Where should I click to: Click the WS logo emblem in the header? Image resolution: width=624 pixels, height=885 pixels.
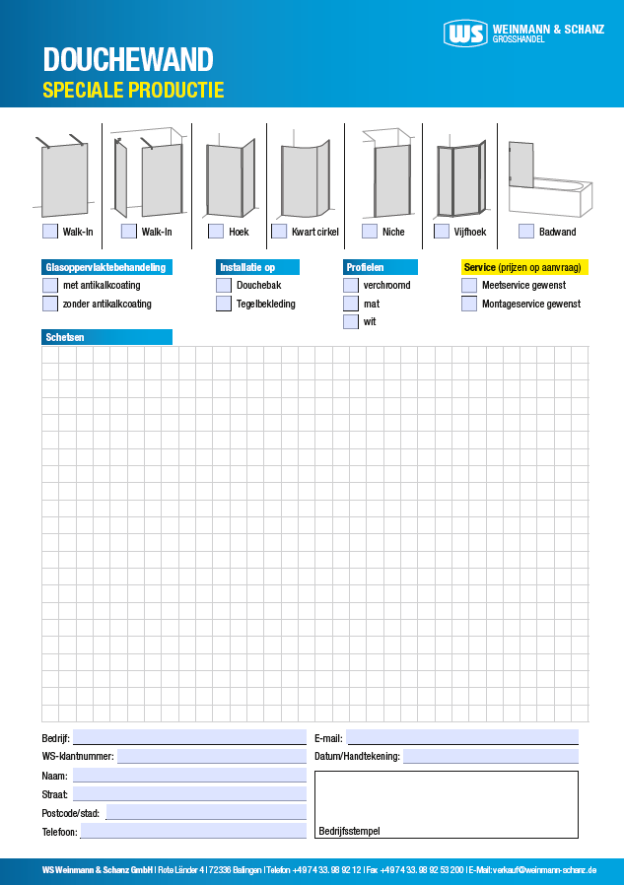464,34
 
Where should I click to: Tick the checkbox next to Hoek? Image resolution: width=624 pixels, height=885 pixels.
216,232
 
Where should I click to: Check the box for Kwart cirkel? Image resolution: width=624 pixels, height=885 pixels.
279,232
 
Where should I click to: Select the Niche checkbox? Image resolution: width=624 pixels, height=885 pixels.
370,232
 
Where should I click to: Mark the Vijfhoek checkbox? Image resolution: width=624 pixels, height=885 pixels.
442,232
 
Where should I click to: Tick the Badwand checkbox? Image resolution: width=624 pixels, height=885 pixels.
526,232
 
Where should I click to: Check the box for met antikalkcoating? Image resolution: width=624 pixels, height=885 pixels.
50,285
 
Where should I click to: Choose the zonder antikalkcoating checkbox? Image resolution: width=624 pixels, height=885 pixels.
50,304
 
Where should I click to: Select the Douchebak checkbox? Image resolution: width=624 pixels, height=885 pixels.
224,285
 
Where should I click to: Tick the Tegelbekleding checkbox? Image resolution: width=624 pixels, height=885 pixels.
224,304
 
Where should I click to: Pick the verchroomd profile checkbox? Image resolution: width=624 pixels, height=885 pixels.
351,285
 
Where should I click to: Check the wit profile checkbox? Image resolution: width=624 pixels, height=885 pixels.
351,321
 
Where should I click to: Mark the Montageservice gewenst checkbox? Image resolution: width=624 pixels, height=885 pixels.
469,304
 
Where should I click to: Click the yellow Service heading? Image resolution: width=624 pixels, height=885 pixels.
524,267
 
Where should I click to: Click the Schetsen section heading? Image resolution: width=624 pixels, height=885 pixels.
106,337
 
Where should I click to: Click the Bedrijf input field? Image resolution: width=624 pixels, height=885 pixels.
189,737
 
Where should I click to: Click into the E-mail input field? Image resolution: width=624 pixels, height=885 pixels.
461,737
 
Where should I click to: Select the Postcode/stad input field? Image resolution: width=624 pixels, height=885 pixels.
205,812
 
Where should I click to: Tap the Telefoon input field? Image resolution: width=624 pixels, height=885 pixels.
192,831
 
